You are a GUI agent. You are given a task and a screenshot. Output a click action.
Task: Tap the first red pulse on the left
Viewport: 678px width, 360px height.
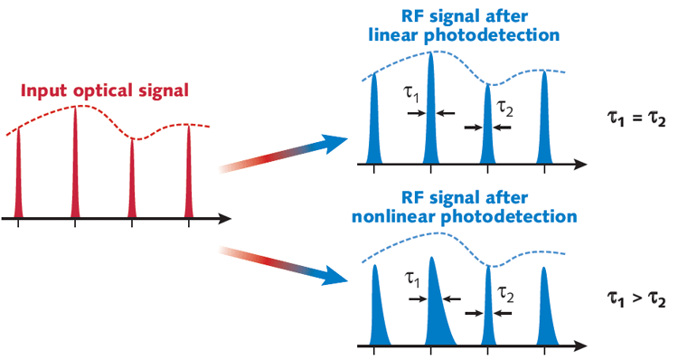19,181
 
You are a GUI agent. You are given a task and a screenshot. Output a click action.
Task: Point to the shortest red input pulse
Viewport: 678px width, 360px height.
133,185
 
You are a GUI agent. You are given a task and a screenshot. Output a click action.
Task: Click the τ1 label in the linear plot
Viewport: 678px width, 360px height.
410,92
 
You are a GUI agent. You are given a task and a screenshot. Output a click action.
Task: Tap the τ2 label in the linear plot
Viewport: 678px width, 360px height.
504,109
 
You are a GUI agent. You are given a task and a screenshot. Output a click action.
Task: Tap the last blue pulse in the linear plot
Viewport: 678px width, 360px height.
545,122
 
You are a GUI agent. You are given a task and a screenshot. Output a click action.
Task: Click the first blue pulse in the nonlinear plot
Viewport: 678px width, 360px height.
378,308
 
